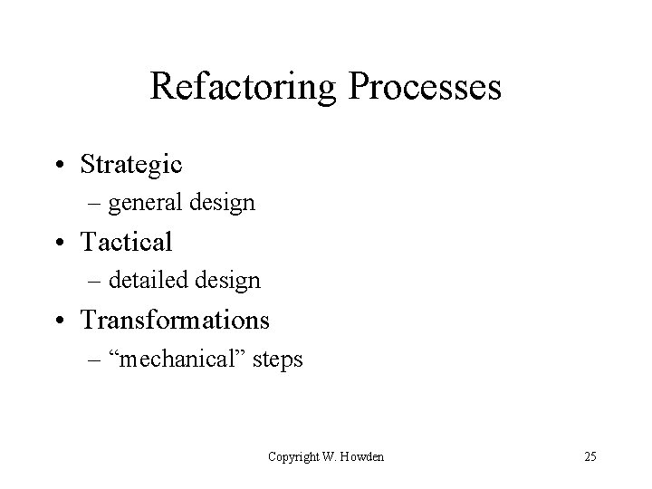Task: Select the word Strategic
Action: [x=131, y=164]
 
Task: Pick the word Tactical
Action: [x=126, y=242]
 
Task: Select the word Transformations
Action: [x=175, y=320]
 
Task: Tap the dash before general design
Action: [x=96, y=204]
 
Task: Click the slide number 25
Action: [x=590, y=456]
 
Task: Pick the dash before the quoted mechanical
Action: [x=96, y=360]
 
